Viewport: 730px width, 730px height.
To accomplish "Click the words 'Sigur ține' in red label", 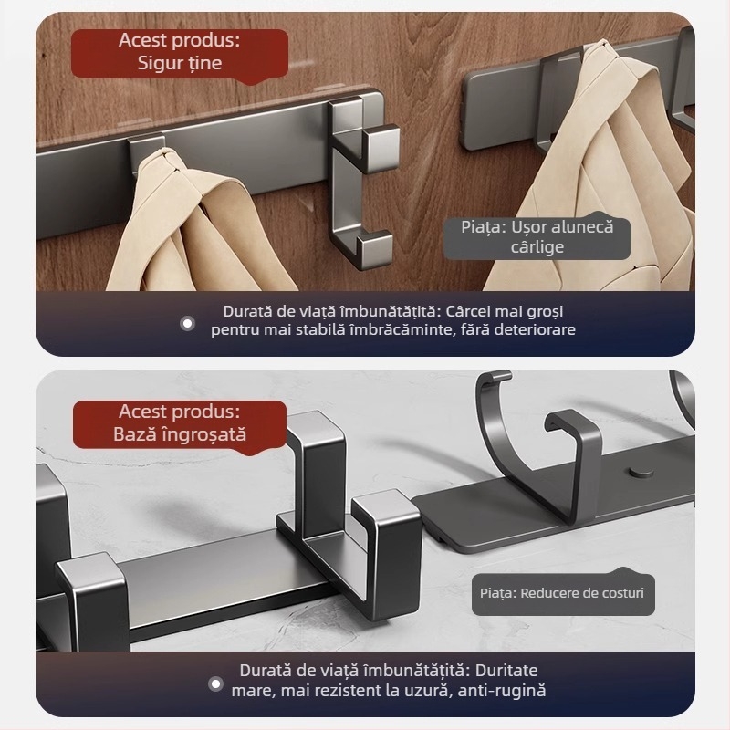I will (x=180, y=63).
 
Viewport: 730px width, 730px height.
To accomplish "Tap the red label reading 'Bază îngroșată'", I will (x=180, y=434).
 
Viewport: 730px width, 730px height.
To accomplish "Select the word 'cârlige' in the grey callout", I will (x=537, y=246).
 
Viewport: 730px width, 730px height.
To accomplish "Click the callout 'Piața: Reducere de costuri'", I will (x=562, y=593).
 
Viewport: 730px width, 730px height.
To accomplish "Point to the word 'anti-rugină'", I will (x=501, y=691).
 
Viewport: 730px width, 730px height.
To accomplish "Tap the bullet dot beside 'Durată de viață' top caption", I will (x=188, y=322).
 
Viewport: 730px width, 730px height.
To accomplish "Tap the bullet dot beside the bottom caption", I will (x=214, y=683).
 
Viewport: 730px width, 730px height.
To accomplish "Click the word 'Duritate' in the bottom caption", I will (x=506, y=669).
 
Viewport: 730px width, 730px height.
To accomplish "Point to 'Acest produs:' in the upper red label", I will (x=180, y=40).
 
